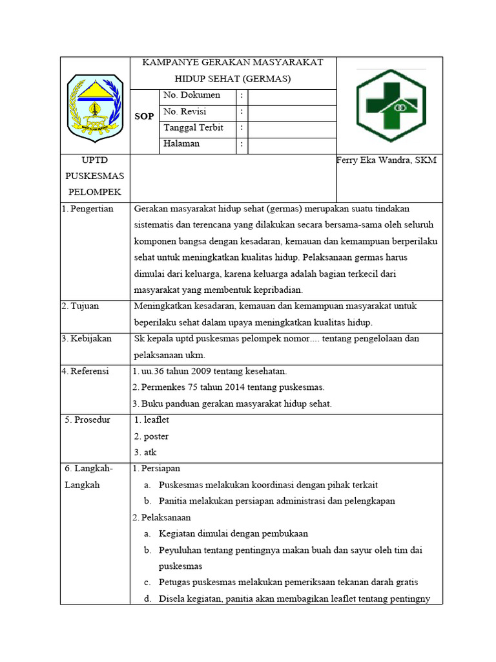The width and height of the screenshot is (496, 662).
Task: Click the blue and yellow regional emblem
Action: (96, 105)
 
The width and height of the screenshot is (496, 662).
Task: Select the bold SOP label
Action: (144, 117)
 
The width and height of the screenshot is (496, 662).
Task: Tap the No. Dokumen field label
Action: (192, 95)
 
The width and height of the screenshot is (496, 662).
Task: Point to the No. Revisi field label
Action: (185, 111)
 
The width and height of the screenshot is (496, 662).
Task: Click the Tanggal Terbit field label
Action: (194, 127)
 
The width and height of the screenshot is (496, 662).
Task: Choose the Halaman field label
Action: (181, 144)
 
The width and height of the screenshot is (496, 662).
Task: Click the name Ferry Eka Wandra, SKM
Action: (387, 160)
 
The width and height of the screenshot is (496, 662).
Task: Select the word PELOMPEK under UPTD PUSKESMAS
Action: (94, 192)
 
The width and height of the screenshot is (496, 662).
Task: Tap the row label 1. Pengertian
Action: (88, 209)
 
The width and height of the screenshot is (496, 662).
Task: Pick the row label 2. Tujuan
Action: (81, 306)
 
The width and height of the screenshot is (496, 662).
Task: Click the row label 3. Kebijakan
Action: (87, 338)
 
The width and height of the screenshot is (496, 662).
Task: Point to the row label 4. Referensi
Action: (86, 371)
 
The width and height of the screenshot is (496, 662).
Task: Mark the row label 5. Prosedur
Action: (88, 420)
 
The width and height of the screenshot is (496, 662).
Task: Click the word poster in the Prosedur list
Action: (156, 436)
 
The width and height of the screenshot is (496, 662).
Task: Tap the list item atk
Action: (150, 453)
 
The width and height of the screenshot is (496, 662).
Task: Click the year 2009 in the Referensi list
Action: (193, 371)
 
